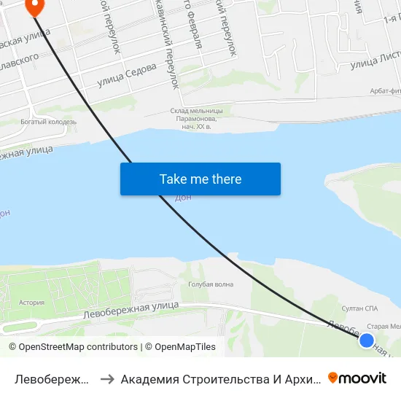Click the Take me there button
click(200, 179)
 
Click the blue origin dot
click(367, 340)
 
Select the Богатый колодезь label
click(44, 122)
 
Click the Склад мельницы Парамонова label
click(197, 114)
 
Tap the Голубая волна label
click(211, 284)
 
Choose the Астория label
click(32, 302)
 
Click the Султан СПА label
click(360, 308)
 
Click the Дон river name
click(183, 198)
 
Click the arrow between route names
click(106, 378)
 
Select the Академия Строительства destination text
click(219, 378)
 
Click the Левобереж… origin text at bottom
click(52, 378)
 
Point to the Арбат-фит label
click(382, 90)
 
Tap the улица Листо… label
click(375, 64)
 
